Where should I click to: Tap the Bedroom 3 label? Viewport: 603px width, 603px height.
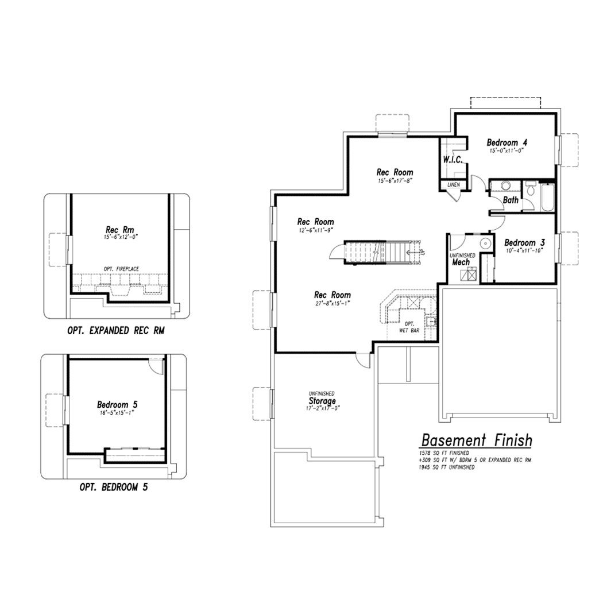coord(524,243)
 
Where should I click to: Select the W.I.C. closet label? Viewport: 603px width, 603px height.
coord(453,160)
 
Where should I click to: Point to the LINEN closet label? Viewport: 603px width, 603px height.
coord(454,185)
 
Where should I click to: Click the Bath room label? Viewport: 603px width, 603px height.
coord(511,200)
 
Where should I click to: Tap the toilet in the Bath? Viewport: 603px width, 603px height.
coord(531,188)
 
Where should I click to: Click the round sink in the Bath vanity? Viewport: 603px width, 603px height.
coord(505,186)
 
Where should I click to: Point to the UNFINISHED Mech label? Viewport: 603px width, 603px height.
coord(462,260)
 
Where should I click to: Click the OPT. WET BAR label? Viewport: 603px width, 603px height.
coord(409,327)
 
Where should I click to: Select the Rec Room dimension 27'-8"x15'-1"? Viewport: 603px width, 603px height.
coord(333,303)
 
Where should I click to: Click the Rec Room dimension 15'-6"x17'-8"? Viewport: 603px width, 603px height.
coord(395,180)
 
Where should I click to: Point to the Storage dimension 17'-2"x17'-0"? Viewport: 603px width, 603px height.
coord(323,408)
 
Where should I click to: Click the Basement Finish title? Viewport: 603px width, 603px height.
coord(477,440)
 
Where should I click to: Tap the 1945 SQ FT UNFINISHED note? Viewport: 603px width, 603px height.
coord(447,467)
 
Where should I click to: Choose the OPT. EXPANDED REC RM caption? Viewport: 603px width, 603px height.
coord(116,331)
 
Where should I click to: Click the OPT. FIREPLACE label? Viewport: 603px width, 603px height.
coord(121,269)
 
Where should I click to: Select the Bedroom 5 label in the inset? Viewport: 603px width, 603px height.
coord(117,404)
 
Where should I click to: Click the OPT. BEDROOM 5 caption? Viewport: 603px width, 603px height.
coord(114,487)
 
